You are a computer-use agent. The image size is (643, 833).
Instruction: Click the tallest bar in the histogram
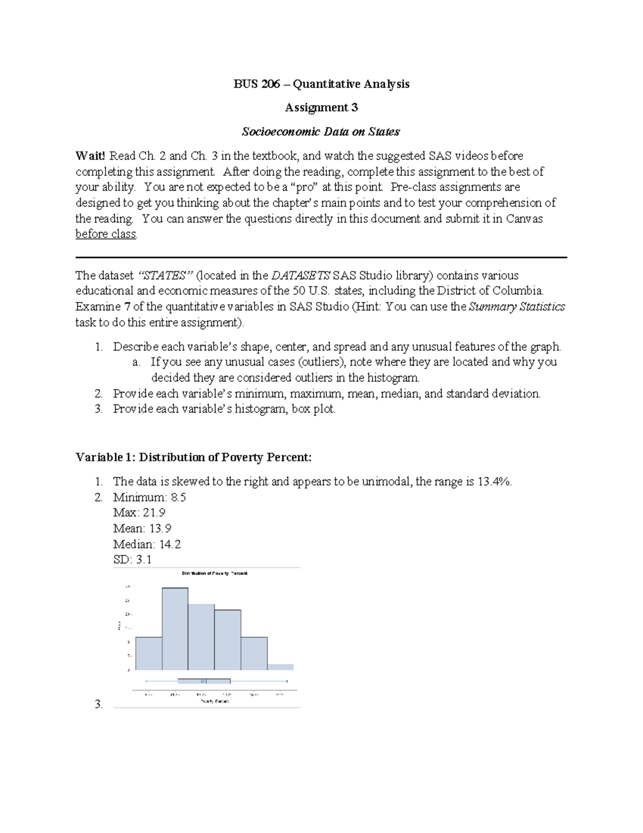(x=175, y=629)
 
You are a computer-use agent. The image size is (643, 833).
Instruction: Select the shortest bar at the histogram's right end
(x=280, y=667)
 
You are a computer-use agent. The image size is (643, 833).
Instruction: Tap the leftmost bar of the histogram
(x=148, y=653)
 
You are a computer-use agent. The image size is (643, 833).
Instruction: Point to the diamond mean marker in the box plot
(x=203, y=681)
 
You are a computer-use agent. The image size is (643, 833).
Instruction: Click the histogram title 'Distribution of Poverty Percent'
(x=214, y=573)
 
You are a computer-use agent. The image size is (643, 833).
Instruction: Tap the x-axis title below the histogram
(x=214, y=701)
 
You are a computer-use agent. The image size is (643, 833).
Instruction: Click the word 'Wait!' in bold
(x=91, y=156)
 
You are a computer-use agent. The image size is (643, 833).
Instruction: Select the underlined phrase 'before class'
(x=106, y=234)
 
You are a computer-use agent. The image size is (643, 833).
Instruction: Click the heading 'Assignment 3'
(x=321, y=107)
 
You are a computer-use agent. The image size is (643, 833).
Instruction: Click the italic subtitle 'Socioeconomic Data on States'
(x=321, y=131)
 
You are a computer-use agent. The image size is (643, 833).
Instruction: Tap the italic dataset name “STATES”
(x=165, y=275)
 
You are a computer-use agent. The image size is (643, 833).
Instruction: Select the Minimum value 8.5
(x=178, y=497)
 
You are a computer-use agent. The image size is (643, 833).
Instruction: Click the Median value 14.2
(x=170, y=544)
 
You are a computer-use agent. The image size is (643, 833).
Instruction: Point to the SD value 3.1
(x=144, y=559)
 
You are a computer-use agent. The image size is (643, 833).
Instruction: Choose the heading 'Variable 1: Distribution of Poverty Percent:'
(x=193, y=457)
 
